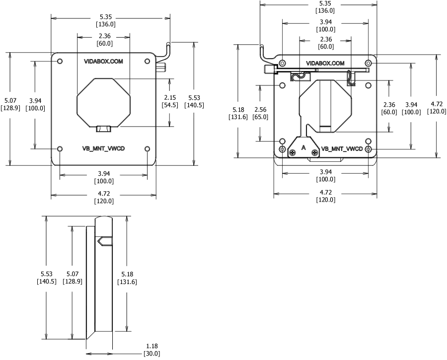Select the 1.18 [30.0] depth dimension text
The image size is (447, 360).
[x=152, y=350]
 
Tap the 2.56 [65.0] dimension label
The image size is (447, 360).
[x=260, y=113]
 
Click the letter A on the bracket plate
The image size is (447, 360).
[x=303, y=147]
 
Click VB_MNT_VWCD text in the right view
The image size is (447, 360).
[x=342, y=148]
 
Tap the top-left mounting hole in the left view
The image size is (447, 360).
[x=60, y=61]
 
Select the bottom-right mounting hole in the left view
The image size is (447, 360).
[x=147, y=149]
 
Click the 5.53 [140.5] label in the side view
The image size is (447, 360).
[x=46, y=278]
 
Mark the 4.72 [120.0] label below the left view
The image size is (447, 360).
[x=104, y=198]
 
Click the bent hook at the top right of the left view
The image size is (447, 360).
[x=167, y=49]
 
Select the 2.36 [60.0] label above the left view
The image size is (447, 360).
[x=104, y=40]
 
